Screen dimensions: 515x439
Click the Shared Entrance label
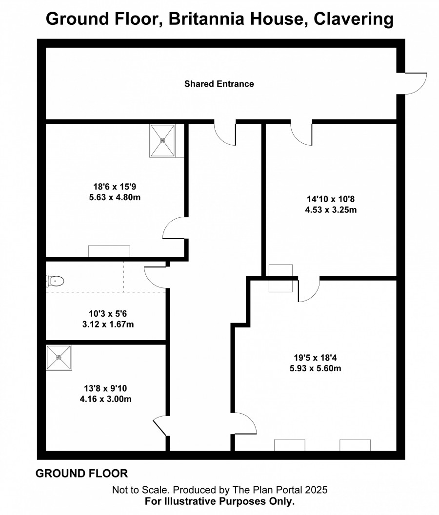219,84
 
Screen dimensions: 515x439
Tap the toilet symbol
55,281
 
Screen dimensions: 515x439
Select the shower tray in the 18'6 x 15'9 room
162,140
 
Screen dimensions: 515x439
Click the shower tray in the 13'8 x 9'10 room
59,358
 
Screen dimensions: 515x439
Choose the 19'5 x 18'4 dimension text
315,357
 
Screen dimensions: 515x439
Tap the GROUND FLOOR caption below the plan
82,473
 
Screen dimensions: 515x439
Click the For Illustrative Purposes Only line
219,501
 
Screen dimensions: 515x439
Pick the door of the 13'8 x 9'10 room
161,425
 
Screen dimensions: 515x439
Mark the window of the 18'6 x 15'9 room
109,251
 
